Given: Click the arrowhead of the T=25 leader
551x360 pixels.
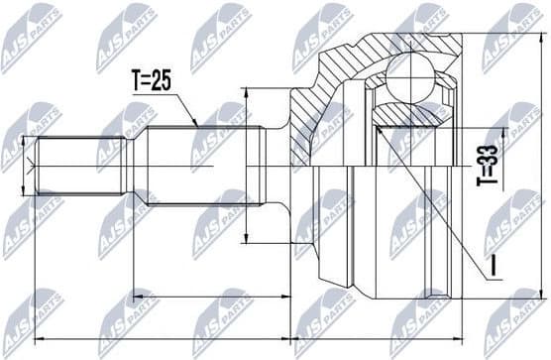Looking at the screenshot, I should click(x=199, y=124).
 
